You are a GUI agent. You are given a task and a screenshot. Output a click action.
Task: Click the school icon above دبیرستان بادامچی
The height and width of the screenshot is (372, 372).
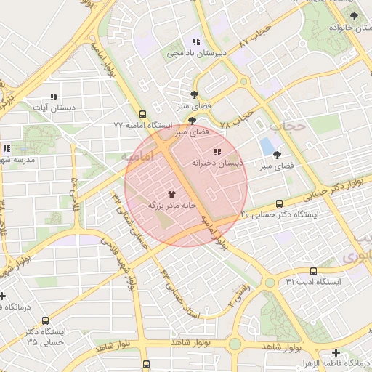point(195,41)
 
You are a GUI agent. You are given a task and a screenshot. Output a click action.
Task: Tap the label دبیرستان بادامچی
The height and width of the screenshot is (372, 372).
point(197,53)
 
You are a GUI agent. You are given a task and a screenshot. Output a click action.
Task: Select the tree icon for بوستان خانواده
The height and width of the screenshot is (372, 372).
point(354,15)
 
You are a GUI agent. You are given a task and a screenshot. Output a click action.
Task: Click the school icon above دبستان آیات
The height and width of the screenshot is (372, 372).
point(53,97)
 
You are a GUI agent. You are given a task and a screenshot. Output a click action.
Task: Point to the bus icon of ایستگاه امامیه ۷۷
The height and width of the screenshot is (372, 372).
point(143,114)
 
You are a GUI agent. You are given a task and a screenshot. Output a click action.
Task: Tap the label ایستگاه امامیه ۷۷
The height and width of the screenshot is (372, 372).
point(142,126)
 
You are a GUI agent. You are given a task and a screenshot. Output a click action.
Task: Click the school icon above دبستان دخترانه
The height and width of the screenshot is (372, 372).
point(217,152)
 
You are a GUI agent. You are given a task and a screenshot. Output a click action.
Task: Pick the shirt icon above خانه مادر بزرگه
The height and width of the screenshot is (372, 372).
point(172,194)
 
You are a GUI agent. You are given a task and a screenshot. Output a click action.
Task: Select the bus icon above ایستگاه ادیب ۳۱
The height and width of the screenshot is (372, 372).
point(313,270)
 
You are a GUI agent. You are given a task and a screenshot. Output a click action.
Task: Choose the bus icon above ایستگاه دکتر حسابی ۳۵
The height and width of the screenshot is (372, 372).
point(46,320)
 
